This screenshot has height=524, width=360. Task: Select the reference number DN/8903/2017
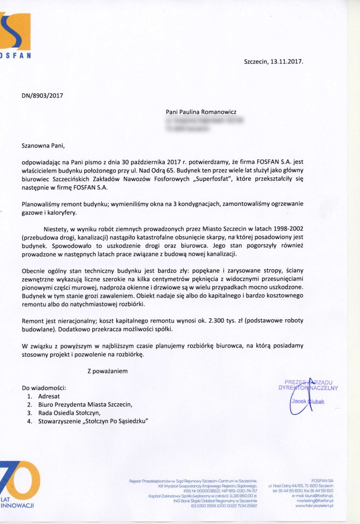(x=43, y=96)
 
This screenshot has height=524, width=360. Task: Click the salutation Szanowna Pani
(x=43, y=145)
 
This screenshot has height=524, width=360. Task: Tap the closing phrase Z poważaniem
(x=108, y=371)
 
